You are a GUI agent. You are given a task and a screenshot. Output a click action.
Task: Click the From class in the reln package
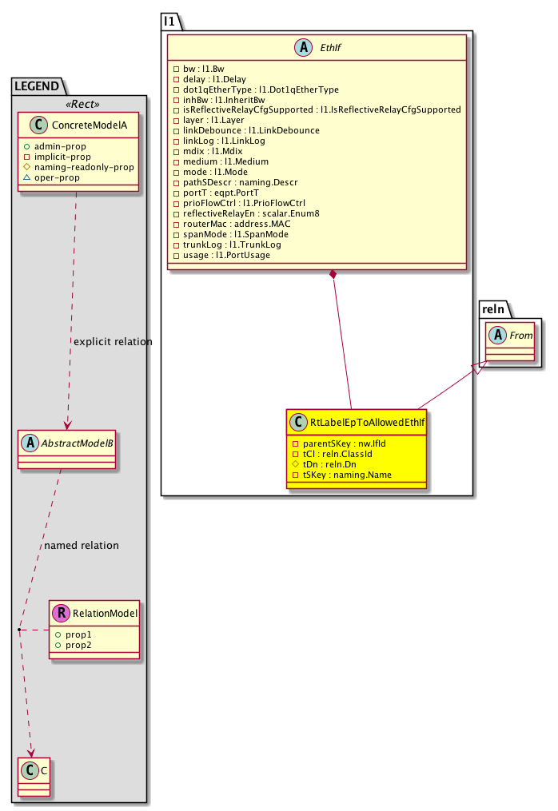pyautogui.click(x=521, y=336)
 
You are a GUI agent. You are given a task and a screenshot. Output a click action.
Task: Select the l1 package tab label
pyautogui.click(x=169, y=21)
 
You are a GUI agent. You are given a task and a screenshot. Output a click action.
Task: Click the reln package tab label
pyautogui.click(x=491, y=309)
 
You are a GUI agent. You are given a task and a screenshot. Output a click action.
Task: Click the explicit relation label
pyautogui.click(x=112, y=342)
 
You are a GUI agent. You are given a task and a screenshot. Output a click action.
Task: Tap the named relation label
pyautogui.click(x=82, y=546)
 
